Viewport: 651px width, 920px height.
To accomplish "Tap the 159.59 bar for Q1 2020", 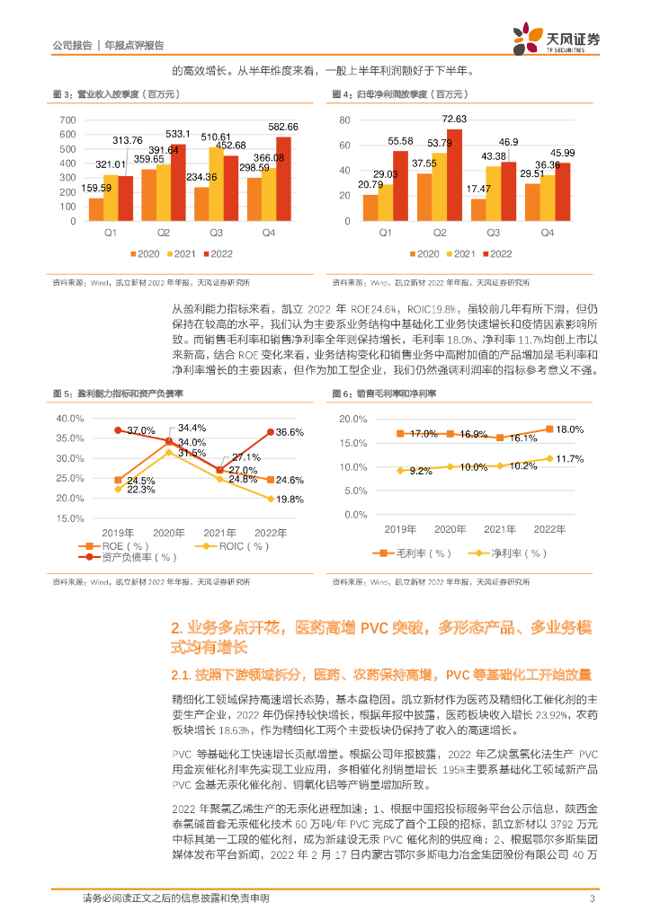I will (95, 208).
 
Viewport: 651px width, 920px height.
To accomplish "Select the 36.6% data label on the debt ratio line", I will (289, 432).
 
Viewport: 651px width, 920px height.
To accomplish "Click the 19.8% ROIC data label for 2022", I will (289, 499).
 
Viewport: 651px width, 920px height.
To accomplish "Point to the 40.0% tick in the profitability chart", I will (69, 419).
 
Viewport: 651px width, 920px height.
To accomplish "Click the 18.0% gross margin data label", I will (570, 429).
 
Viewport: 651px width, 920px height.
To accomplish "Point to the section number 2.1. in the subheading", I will (184, 674).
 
